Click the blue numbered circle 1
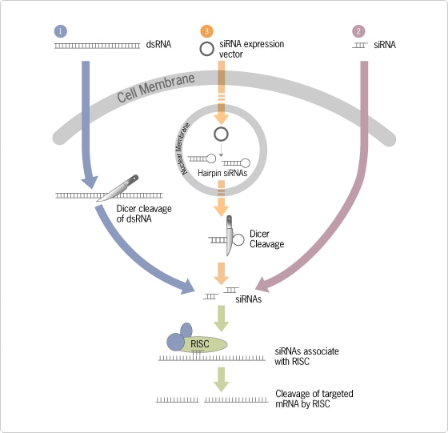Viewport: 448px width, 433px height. pyautogui.click(x=61, y=31)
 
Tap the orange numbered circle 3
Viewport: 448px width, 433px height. pyautogui.click(x=207, y=31)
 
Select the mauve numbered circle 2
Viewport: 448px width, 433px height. pyautogui.click(x=359, y=31)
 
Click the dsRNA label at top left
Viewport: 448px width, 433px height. pyautogui.click(x=158, y=45)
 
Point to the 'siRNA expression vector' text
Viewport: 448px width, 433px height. pyautogui.click(x=252, y=49)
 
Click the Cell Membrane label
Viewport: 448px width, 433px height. pyautogui.click(x=156, y=88)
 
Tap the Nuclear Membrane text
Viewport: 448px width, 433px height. pyautogui.click(x=185, y=149)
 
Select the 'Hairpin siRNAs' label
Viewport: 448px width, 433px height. pyautogui.click(x=222, y=173)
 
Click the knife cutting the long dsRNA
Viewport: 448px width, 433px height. pyautogui.click(x=118, y=188)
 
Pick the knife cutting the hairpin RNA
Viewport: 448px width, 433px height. pyautogui.click(x=229, y=235)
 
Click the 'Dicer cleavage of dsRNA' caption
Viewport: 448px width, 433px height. pyautogui.click(x=144, y=214)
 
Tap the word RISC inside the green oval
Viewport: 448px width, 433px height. pyautogui.click(x=200, y=344)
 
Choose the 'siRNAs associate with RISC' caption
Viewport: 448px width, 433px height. pyautogui.click(x=306, y=356)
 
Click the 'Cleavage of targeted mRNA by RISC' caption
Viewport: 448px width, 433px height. pyautogui.click(x=314, y=399)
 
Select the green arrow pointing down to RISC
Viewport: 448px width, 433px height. pyautogui.click(x=221, y=319)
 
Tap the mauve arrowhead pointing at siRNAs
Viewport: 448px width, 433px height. pyautogui.click(x=263, y=285)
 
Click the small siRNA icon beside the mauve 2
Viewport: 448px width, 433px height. pyautogui.click(x=360, y=45)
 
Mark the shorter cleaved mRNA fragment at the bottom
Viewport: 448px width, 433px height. pyautogui.click(x=178, y=400)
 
